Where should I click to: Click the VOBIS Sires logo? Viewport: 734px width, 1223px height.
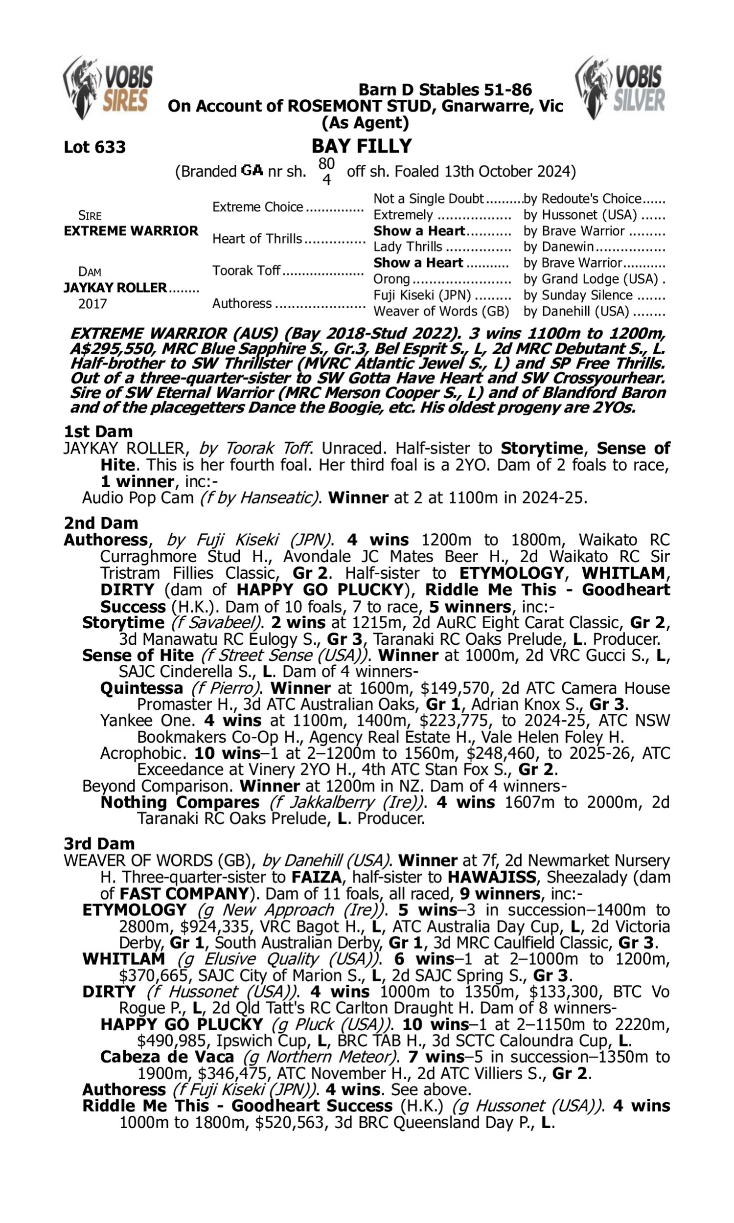[x=108, y=88]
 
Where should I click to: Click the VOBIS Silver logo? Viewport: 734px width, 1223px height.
[x=620, y=88]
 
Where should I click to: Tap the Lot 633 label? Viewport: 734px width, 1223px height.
[x=94, y=147]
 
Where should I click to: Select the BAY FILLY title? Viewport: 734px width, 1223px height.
[x=362, y=146]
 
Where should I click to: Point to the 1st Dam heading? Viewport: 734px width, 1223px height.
[x=98, y=431]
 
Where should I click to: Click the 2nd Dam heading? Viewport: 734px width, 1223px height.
[x=100, y=522]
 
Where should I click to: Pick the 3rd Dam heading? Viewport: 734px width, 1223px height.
[x=99, y=843]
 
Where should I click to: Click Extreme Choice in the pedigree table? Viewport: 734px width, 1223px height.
[x=258, y=206]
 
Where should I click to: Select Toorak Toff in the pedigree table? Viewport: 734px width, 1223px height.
[x=246, y=271]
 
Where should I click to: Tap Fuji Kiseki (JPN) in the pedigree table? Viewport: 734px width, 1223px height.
[x=422, y=295]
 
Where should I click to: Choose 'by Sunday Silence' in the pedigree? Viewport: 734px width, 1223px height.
[x=578, y=295]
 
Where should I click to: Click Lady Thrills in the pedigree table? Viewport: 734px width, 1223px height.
[x=408, y=247]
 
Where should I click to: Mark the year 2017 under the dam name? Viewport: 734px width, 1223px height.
[x=92, y=303]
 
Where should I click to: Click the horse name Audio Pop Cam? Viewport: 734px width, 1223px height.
[x=138, y=498]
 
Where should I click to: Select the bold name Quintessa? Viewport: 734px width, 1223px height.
[x=141, y=688]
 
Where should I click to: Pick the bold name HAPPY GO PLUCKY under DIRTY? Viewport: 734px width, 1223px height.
[x=182, y=1024]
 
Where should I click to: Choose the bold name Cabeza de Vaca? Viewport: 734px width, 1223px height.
[x=167, y=1057]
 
